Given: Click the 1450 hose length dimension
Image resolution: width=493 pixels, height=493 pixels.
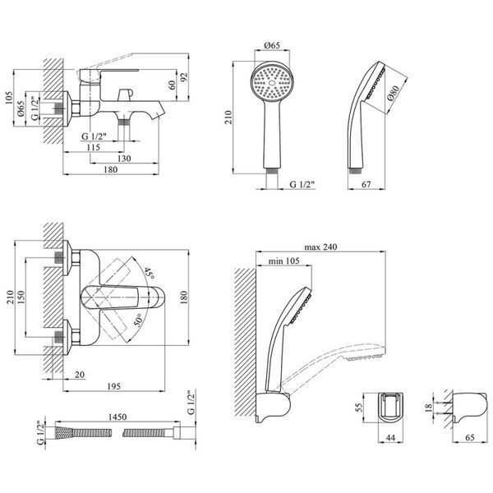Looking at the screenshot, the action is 117,417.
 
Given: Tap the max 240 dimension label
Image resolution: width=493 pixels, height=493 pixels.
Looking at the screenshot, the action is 320,247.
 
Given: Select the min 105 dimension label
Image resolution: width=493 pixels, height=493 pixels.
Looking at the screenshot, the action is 284,261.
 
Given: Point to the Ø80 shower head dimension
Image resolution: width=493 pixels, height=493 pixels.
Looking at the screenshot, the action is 394,93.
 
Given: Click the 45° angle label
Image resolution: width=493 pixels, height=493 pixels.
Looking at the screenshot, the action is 150,274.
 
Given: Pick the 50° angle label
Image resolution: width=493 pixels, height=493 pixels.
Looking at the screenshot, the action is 138,320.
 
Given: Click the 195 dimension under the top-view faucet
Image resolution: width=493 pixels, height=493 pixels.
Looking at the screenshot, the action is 114,386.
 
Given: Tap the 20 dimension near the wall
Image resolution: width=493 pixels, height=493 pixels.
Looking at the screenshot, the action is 80,375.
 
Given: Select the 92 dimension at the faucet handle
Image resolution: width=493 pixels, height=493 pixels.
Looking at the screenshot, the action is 183,77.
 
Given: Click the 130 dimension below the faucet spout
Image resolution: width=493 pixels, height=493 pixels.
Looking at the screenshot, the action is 124,159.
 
